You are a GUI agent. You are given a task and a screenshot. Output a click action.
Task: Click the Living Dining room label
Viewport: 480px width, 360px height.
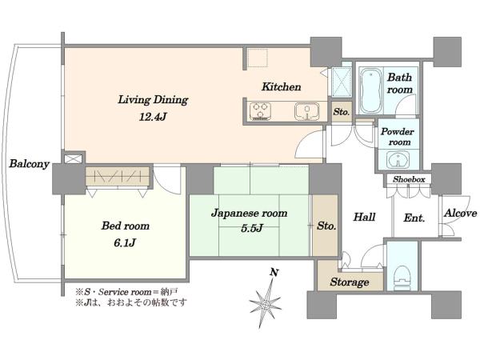coord(153,100)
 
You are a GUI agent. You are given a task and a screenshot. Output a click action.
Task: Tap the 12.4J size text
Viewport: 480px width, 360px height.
coord(153,117)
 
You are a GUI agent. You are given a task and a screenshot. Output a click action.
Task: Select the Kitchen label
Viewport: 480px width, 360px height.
coord(281,87)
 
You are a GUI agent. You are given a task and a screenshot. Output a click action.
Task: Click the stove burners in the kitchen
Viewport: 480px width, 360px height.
coord(261,110)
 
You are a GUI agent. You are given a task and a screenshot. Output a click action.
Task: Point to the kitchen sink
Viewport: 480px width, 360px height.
coord(306,111)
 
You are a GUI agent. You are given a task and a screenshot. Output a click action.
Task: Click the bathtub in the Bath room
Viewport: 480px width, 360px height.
coord(370,91)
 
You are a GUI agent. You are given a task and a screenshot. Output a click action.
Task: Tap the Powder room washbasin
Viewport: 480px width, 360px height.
coord(398,160)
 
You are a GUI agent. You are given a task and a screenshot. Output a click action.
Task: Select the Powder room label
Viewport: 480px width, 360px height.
coord(397,137)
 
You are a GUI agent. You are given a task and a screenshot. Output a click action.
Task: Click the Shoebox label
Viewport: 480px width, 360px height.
coord(409,179)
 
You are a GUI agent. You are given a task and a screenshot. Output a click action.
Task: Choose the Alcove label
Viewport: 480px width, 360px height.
coord(461,213)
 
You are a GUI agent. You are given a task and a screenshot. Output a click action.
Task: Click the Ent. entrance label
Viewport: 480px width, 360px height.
coord(414,218)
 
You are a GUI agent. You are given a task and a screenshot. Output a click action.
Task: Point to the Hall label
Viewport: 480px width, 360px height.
coord(364,217)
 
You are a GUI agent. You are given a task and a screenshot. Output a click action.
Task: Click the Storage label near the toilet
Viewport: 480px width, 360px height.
coord(350,282)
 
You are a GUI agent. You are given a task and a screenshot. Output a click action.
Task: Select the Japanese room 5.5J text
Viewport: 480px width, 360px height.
coord(250,221)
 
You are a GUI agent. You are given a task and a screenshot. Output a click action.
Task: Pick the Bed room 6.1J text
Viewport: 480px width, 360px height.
coord(126,234)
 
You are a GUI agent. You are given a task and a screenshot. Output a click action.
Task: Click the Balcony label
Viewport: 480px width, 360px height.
coord(29,164)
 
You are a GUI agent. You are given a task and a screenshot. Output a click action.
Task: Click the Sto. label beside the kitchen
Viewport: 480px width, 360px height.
coord(342,112)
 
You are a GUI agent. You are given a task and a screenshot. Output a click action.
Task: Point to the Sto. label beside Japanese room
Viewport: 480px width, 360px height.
coord(326,226)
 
